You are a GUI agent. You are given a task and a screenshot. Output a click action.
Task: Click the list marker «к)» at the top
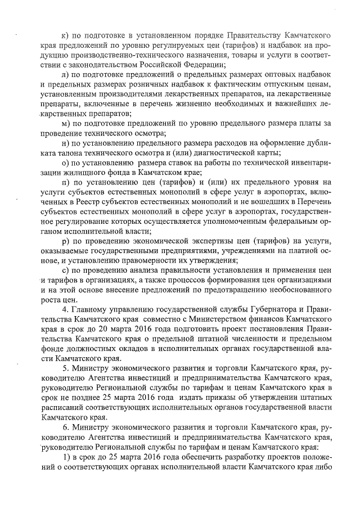65,28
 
